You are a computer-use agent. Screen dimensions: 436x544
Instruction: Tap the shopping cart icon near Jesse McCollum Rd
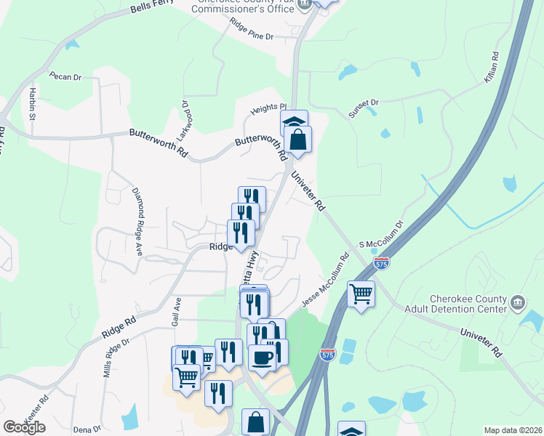click(361, 294)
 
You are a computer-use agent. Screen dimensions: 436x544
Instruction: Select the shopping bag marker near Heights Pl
click(298, 138)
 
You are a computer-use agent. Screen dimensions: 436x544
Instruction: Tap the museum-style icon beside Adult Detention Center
click(517, 302)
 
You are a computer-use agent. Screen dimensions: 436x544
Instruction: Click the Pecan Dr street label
click(64, 75)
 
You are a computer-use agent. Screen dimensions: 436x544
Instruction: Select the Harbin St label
click(32, 102)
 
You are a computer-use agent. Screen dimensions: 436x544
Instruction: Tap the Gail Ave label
click(176, 309)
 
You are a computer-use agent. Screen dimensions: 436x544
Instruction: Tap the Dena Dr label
click(87, 429)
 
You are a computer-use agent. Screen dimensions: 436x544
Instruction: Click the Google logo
click(24, 427)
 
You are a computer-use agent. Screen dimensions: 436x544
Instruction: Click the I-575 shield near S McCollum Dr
click(383, 263)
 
